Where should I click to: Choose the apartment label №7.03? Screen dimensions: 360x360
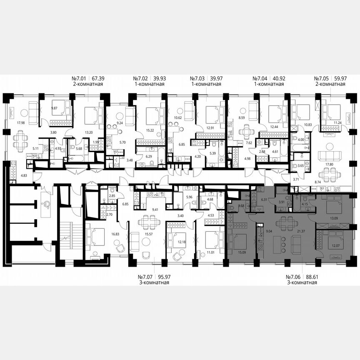tap(198, 78)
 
